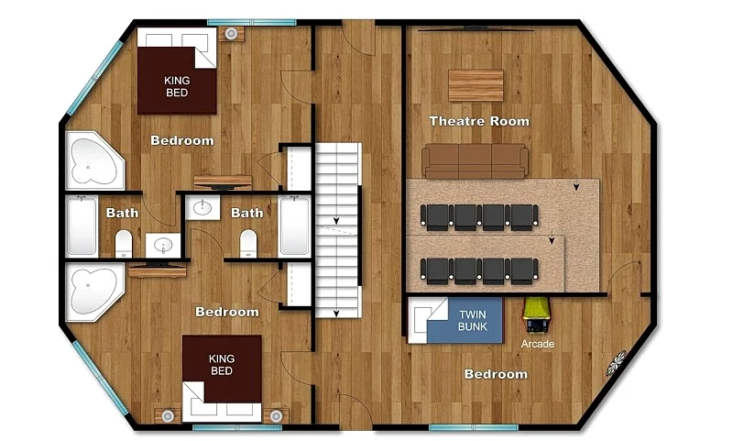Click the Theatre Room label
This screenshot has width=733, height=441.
(479, 121)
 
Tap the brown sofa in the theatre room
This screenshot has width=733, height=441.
(475, 161)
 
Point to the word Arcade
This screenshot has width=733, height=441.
(538, 344)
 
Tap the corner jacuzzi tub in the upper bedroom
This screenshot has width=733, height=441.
(94, 160)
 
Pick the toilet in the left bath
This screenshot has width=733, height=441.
(124, 244)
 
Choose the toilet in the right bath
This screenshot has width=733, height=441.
(248, 244)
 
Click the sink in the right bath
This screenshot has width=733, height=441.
(202, 207)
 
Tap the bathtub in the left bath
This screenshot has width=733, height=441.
(82, 226)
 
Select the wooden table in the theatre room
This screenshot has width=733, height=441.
(476, 85)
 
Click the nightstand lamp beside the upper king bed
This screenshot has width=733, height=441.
(231, 34)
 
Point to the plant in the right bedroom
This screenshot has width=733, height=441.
(617, 363)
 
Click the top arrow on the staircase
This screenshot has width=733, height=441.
(336, 220)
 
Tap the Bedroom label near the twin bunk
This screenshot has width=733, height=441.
(496, 374)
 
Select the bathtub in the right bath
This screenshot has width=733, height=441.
(294, 226)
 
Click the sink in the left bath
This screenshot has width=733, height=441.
(163, 245)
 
